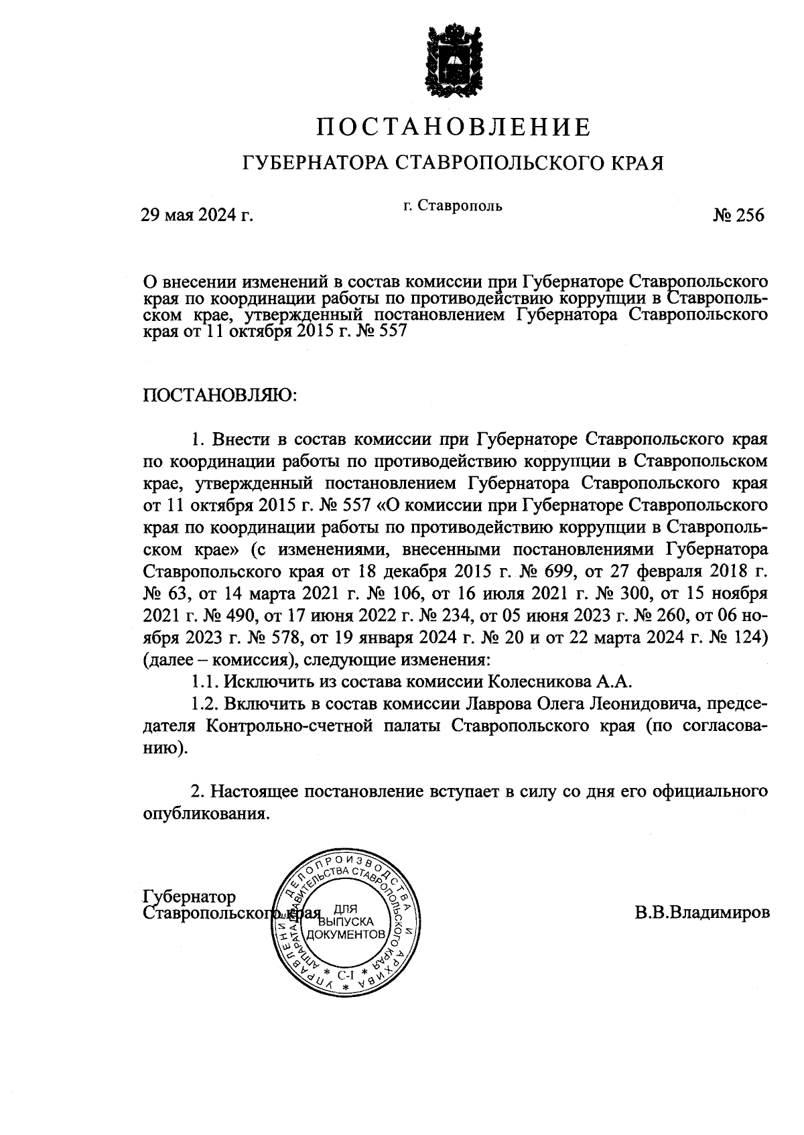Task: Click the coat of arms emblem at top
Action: click(x=454, y=61)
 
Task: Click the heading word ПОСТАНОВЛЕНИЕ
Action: click(x=454, y=126)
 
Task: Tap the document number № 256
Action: click(x=738, y=215)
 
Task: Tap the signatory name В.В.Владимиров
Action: click(x=702, y=913)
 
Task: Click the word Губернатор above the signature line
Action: click(x=190, y=896)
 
